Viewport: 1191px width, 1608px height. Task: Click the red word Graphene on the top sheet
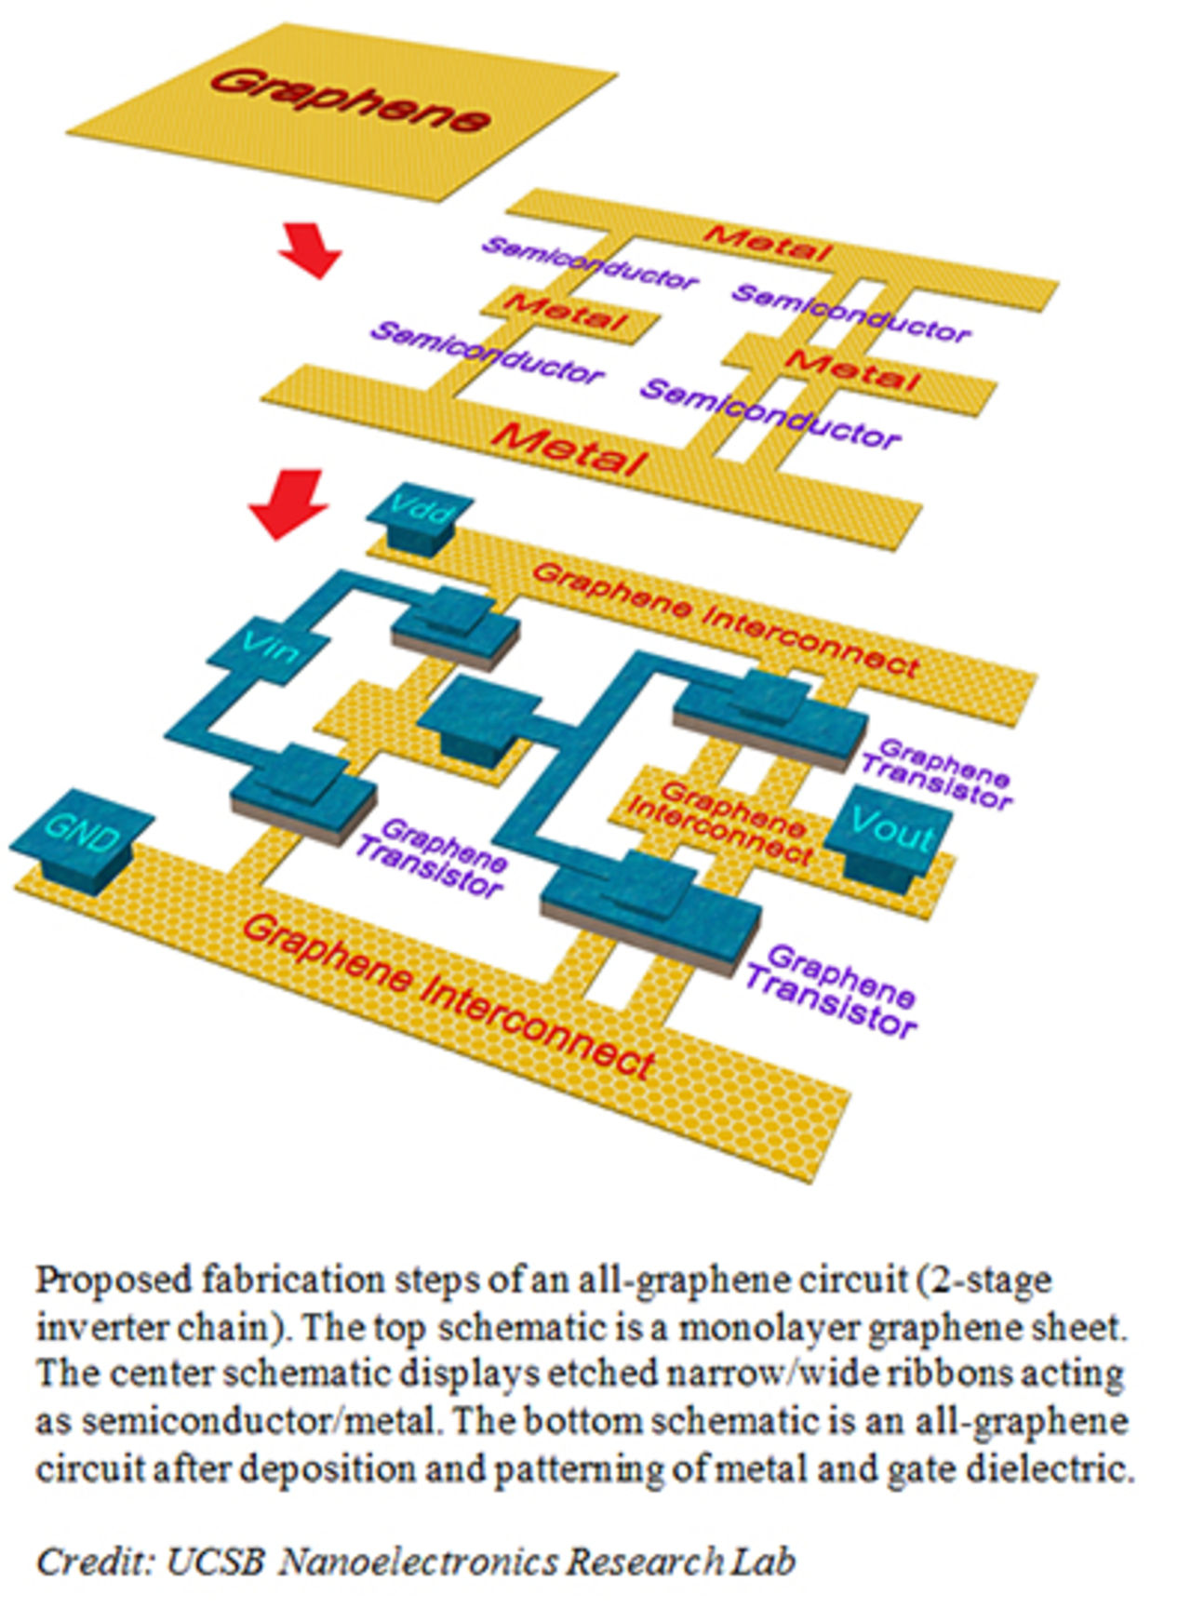[350, 101]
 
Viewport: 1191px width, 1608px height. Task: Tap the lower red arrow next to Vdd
[290, 502]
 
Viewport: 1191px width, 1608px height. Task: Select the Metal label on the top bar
[767, 243]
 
